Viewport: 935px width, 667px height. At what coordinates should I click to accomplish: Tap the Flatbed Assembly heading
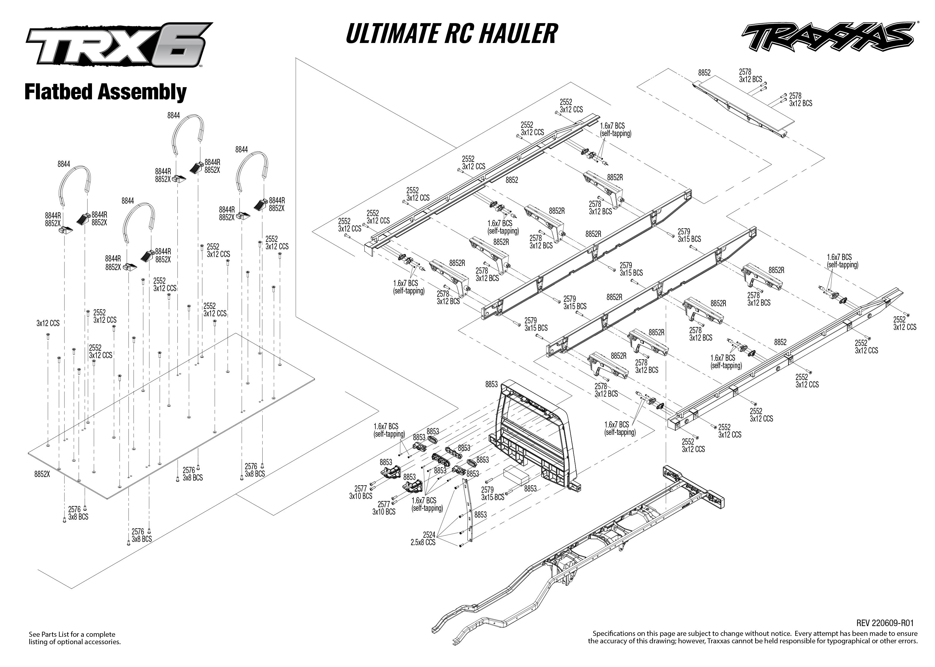[x=105, y=92]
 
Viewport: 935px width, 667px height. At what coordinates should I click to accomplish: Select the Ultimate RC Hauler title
[x=451, y=34]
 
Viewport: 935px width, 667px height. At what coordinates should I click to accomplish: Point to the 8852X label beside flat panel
[x=42, y=474]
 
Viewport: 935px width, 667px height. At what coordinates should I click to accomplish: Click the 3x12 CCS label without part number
[x=48, y=323]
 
